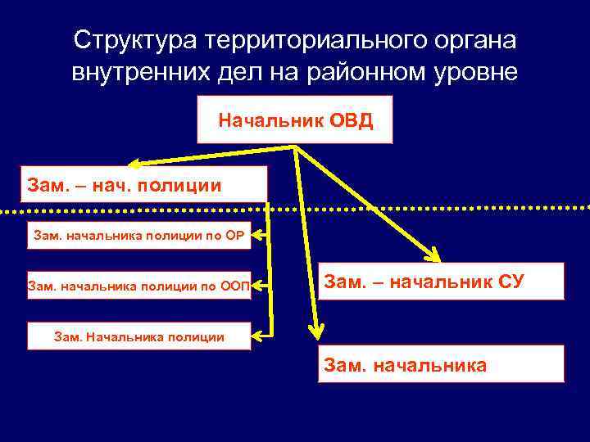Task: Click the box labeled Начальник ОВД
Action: coord(295,120)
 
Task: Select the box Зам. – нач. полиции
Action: coord(144,184)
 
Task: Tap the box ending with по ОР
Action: coord(139,236)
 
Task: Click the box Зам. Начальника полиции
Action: coord(139,336)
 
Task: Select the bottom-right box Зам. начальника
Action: coord(441,364)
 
